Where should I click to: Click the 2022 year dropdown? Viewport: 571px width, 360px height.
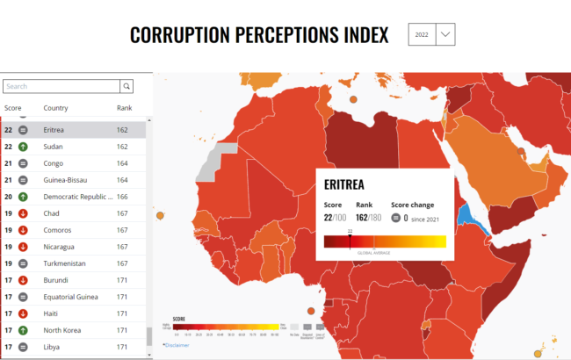[x=431, y=34]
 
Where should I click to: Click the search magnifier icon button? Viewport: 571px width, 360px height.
[x=126, y=86]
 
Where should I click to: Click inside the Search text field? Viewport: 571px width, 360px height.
[x=61, y=86]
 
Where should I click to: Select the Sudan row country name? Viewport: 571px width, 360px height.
[x=53, y=147]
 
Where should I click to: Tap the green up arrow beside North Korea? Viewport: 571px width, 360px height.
[x=23, y=330]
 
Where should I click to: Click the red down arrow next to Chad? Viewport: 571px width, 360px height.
[x=23, y=213]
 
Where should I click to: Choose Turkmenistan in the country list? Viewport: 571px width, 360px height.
[x=68, y=263]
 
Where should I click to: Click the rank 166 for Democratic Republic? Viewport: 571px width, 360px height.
[x=122, y=197]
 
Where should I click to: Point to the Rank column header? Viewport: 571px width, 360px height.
[x=124, y=108]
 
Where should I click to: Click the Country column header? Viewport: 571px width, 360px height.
[x=55, y=108]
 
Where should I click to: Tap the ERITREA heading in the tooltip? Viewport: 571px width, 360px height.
[x=344, y=185]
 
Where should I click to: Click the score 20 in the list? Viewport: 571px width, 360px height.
[x=8, y=197]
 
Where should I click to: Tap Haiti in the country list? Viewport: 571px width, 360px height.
[x=51, y=313]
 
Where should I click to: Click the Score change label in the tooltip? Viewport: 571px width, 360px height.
[x=411, y=205]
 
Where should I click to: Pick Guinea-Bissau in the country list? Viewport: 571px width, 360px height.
[x=67, y=180]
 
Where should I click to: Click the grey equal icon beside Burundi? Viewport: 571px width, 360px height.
[x=23, y=280]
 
